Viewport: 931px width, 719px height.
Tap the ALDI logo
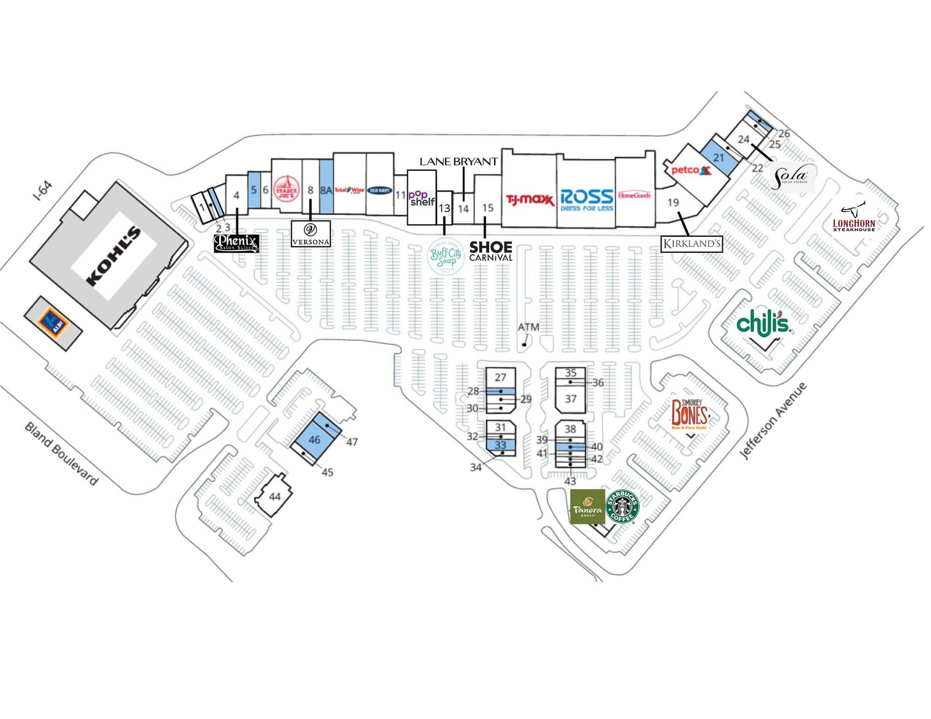pos(53,323)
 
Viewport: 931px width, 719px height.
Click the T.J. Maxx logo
pos(530,199)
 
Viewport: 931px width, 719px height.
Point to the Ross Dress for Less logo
pos(587,200)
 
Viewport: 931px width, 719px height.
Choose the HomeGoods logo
pos(634,196)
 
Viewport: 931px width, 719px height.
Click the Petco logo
pos(690,170)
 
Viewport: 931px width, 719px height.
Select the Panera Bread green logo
pos(587,507)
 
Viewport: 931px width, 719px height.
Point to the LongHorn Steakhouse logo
pos(854,219)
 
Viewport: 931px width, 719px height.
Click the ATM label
pos(528,327)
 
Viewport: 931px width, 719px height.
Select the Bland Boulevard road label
pos(61,454)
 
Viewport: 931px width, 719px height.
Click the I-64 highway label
pos(43,191)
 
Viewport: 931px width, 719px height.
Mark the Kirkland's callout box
pos(692,244)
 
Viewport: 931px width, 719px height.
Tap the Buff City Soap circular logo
pos(446,256)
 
